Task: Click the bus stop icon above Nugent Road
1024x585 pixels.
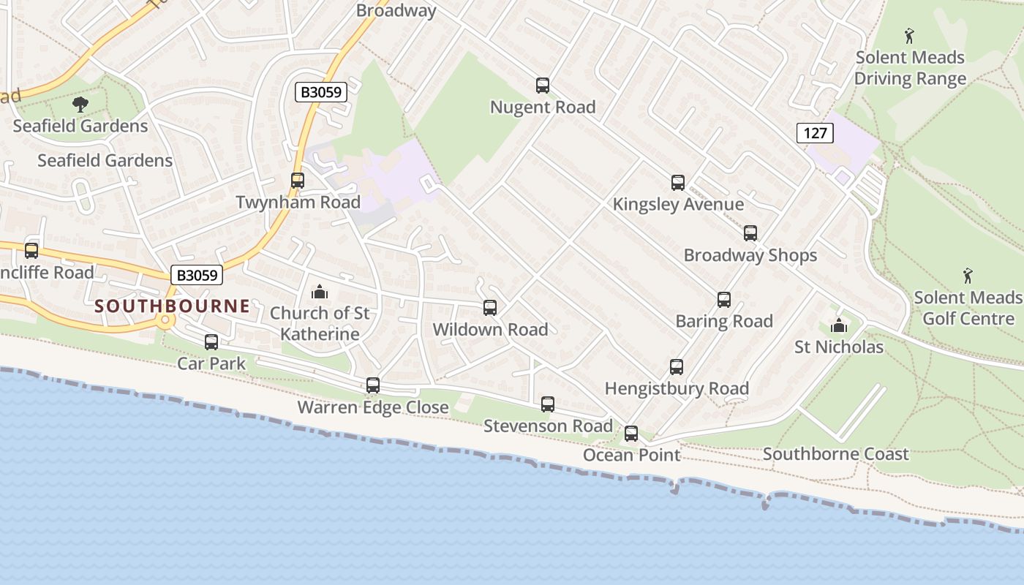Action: tap(542, 86)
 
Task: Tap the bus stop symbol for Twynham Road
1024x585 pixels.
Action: tap(297, 181)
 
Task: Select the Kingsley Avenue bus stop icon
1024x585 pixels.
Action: tap(678, 183)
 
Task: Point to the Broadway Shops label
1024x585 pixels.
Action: tap(750, 255)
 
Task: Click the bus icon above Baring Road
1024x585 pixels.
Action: tap(723, 300)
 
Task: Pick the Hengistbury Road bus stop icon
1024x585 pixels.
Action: tap(677, 367)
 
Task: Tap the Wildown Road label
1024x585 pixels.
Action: tap(490, 330)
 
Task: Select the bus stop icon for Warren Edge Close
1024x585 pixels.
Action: tap(373, 385)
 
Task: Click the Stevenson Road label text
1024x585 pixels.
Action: tap(548, 426)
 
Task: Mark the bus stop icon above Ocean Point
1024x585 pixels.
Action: tap(631, 434)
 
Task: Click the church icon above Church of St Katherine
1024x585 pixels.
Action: tap(320, 292)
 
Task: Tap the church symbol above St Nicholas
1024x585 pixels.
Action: tap(838, 325)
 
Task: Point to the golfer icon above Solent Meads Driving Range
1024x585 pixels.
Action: tap(910, 35)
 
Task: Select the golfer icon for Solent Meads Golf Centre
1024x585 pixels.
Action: tap(968, 276)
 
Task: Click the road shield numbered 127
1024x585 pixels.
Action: tap(814, 133)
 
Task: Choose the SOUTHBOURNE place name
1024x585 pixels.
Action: tap(173, 306)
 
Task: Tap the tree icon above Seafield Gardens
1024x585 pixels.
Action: tap(80, 105)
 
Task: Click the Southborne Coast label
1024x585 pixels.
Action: tap(835, 454)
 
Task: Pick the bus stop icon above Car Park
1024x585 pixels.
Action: tap(211, 341)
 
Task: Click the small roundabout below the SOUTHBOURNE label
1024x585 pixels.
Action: tap(165, 320)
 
